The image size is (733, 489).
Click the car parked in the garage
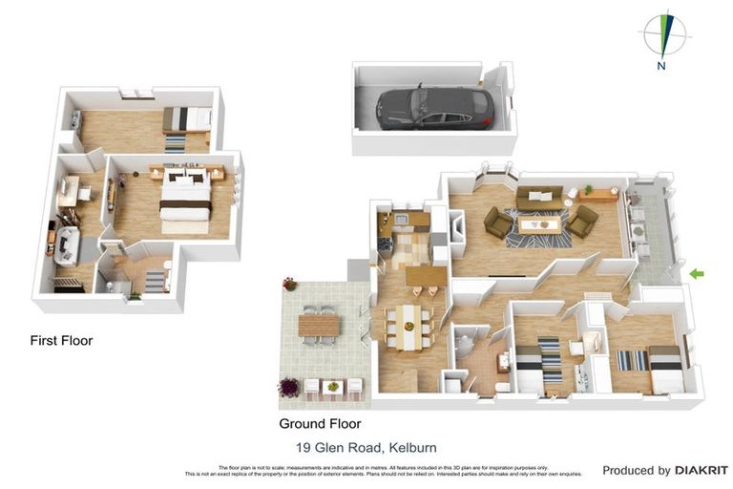[x=434, y=107]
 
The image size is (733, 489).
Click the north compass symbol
[x=661, y=36]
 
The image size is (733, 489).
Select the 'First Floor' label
[x=61, y=340]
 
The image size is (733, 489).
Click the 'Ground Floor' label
[x=320, y=423]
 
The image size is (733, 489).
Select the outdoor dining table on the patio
[x=319, y=325]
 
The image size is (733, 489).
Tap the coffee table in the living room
[x=539, y=224]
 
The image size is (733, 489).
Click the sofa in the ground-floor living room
[x=539, y=196]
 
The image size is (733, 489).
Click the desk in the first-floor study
[x=69, y=189]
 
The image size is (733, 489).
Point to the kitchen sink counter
[x=405, y=223]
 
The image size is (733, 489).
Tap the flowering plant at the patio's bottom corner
[x=288, y=388]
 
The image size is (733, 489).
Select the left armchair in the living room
[x=498, y=223]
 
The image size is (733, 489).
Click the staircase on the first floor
[x=155, y=281]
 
